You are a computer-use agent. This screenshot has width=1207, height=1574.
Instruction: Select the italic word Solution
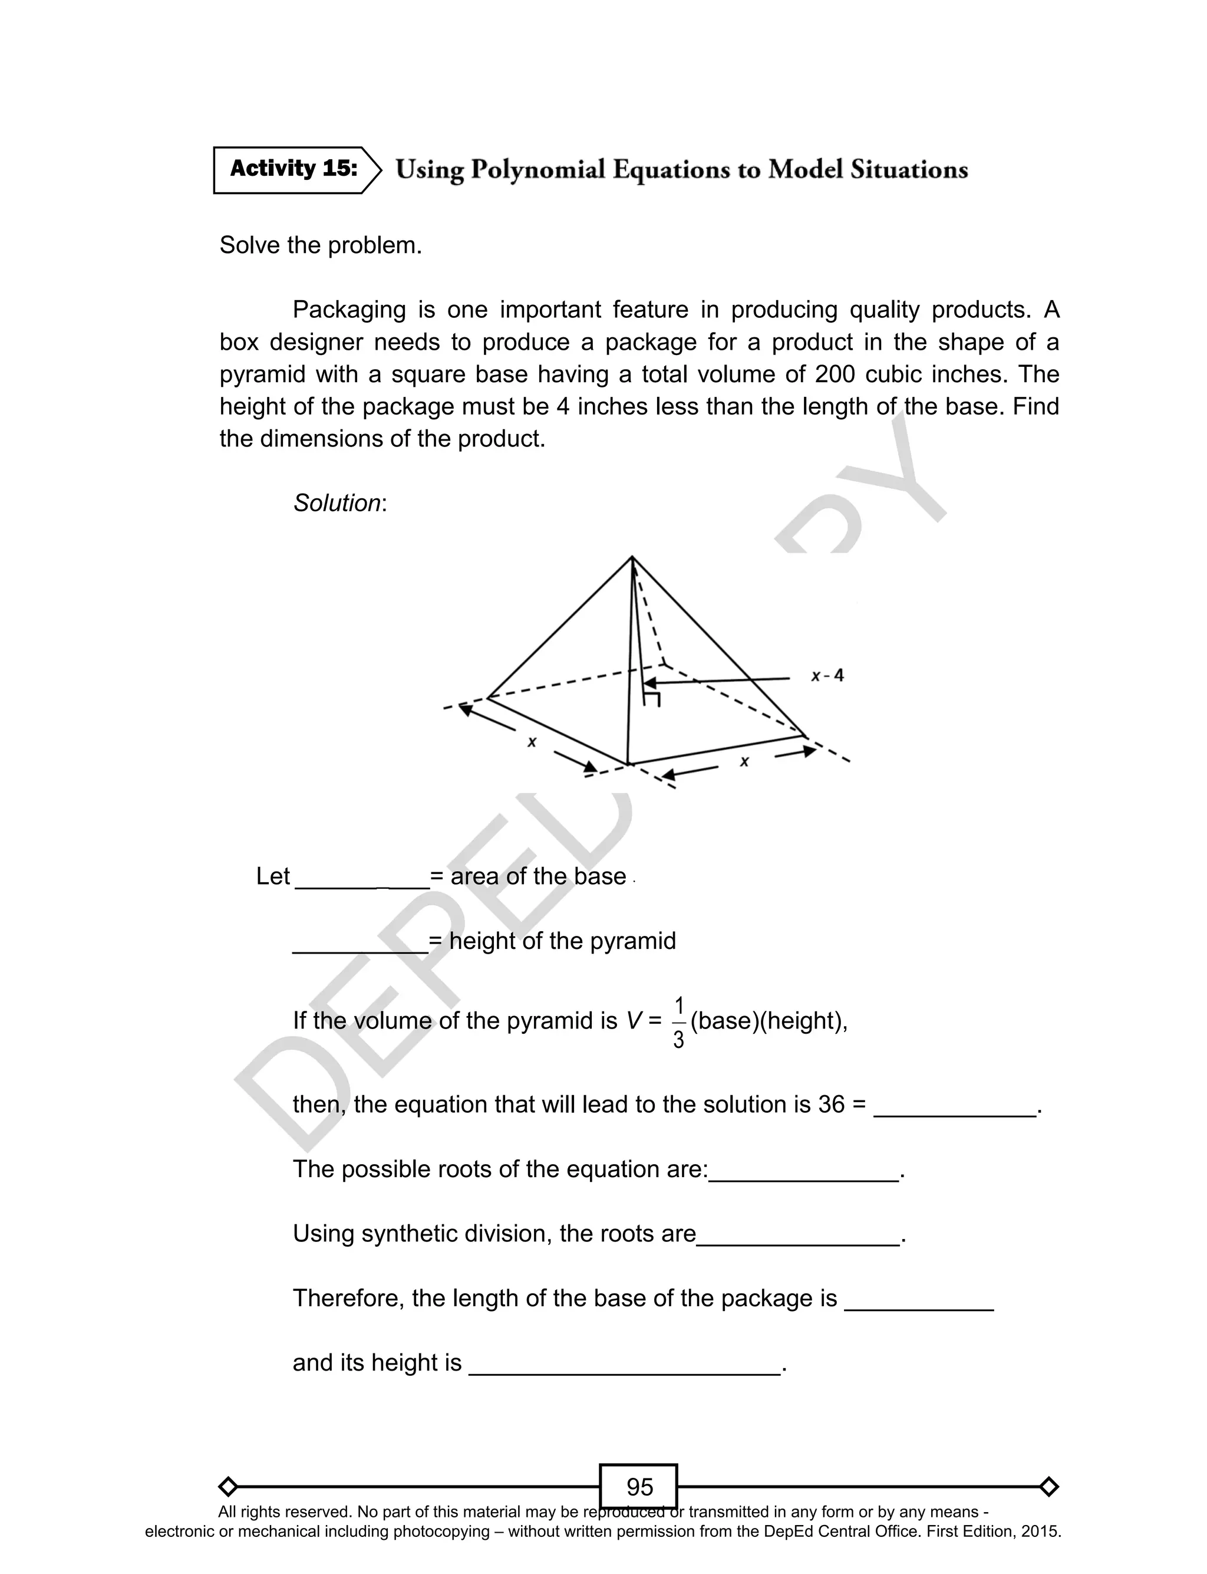click(337, 503)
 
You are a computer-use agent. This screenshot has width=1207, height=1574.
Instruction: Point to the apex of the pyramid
click(632, 557)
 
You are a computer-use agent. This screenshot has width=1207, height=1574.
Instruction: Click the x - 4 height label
click(827, 676)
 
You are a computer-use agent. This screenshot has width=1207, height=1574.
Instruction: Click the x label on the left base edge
click(532, 742)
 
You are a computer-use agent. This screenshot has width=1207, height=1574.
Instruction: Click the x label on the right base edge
click(744, 761)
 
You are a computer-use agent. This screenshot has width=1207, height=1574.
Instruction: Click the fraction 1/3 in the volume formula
click(678, 1022)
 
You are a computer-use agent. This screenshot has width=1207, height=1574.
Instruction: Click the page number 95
click(639, 1481)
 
